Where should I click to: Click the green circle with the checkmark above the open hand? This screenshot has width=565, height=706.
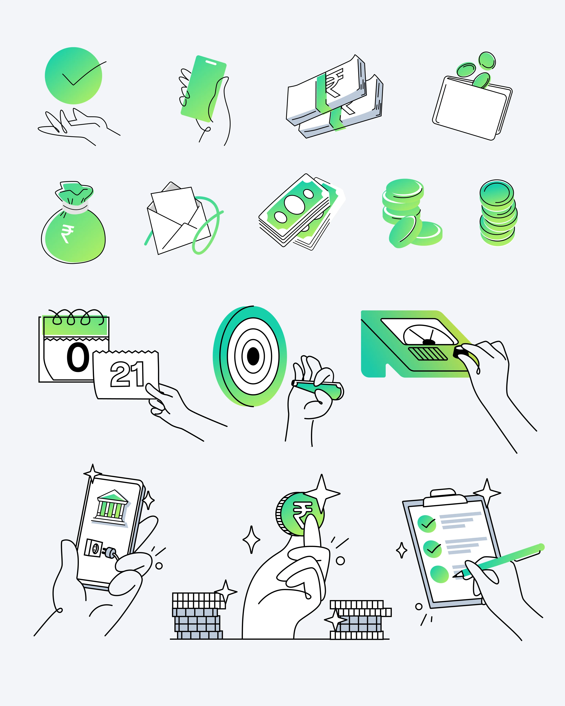click(x=73, y=76)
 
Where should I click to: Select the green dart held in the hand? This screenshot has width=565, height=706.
click(x=317, y=390)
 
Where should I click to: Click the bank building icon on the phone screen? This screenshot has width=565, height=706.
click(x=112, y=506)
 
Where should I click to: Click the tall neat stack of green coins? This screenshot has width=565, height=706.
click(x=498, y=213)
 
